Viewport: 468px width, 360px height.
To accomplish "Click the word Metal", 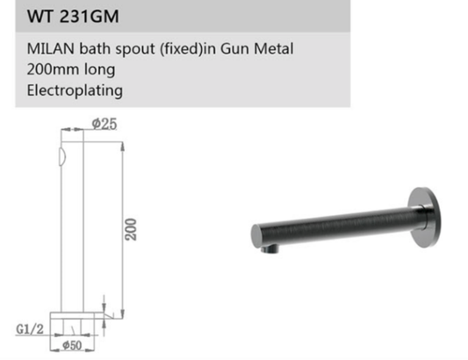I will click(x=277, y=48).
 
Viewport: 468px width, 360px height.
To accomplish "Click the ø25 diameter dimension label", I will click(x=104, y=124).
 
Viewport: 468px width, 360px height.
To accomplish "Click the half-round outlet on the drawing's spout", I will click(x=60, y=159).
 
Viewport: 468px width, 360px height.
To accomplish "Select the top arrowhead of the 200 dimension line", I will click(x=120, y=133).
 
